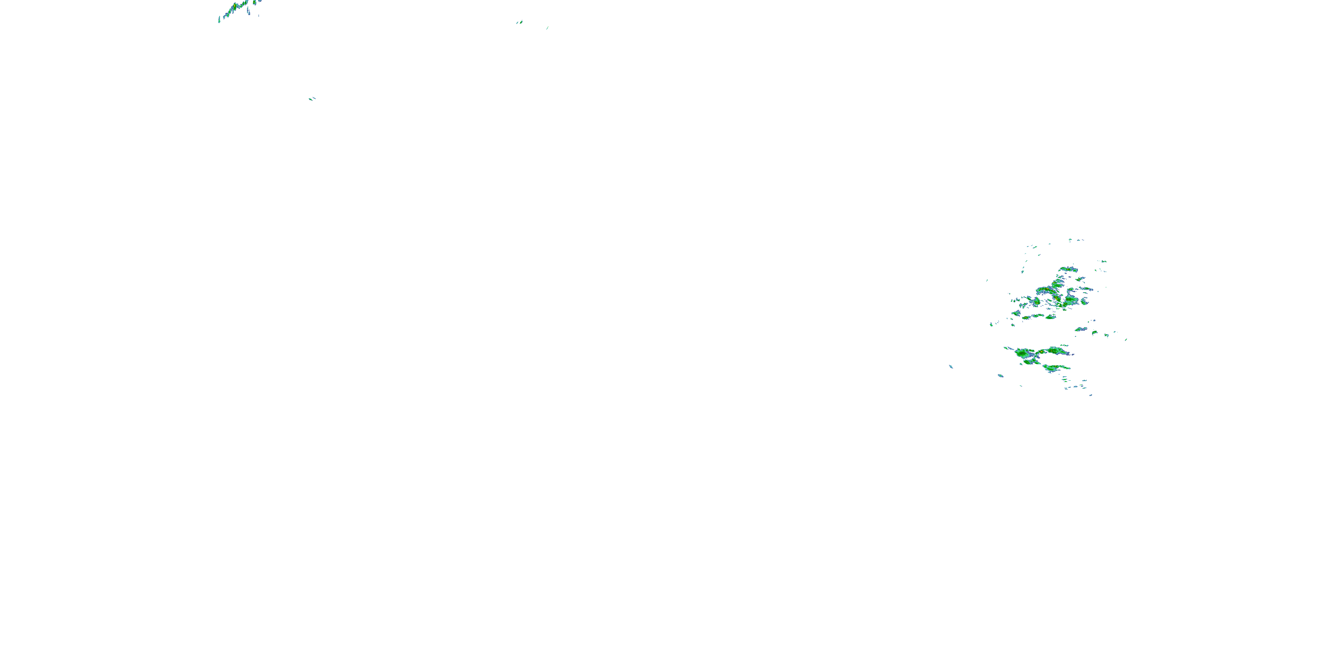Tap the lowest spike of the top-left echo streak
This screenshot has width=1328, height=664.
click(x=219, y=21)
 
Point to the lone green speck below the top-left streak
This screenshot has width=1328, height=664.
click(x=311, y=98)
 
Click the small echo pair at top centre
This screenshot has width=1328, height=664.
click(x=519, y=23)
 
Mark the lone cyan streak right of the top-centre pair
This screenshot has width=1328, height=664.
click(x=547, y=28)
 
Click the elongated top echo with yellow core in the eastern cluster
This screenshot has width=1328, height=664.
click(x=1068, y=269)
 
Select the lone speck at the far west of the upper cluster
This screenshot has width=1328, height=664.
click(x=987, y=281)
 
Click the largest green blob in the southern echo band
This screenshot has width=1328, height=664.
click(x=1023, y=353)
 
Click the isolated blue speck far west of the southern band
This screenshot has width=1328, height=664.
click(x=951, y=367)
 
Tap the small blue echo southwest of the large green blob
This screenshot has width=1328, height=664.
click(x=1000, y=375)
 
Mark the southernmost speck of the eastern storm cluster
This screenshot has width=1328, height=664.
click(x=1090, y=395)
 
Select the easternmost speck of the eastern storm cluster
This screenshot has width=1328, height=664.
click(x=1125, y=340)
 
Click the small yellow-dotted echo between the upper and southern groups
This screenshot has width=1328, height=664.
click(x=1094, y=332)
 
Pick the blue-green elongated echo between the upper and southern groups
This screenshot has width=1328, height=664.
click(x=1080, y=329)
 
